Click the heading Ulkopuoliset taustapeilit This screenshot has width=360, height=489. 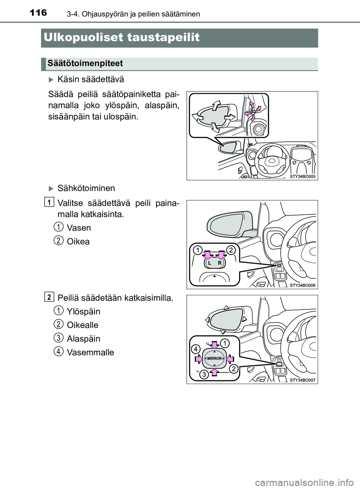coord(121,37)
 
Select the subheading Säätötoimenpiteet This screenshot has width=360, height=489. coord(85,63)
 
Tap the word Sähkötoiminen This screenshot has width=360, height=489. coord(86,188)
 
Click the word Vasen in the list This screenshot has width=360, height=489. coord(79,228)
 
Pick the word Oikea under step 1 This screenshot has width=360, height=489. coord(78,242)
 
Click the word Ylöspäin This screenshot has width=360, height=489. coord(83,311)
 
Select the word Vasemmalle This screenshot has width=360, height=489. coord(90,352)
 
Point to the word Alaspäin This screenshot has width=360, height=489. coord(83,339)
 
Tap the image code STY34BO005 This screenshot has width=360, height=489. coord(303,176)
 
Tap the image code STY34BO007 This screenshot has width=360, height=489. coord(303,380)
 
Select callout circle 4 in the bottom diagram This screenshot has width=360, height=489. coord(196,349)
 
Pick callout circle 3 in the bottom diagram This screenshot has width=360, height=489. coord(204,374)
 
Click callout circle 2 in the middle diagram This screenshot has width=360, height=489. coord(231,250)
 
